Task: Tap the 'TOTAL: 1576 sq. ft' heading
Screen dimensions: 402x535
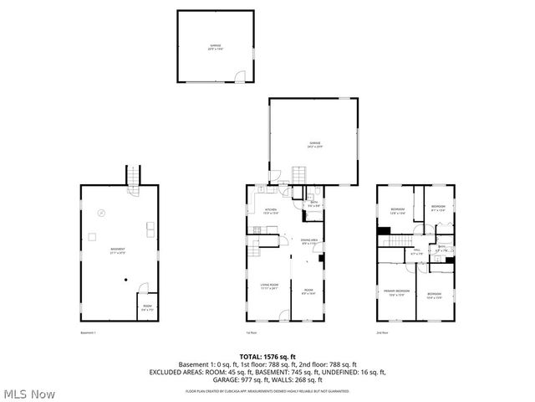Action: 267,357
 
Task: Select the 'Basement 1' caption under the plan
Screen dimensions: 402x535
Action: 89,332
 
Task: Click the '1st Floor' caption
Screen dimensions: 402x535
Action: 252,332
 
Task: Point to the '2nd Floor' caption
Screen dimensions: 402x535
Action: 382,332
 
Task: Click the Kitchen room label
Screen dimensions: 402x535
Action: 271,211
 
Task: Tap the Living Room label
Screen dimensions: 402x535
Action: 267,286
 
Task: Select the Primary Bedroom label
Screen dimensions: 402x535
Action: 396,294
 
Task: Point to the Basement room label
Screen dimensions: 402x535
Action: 117,250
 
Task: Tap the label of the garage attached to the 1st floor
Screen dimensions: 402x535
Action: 314,144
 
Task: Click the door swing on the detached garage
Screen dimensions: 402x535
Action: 240,79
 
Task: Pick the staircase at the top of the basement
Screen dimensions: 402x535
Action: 131,178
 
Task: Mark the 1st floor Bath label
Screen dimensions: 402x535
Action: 313,204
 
